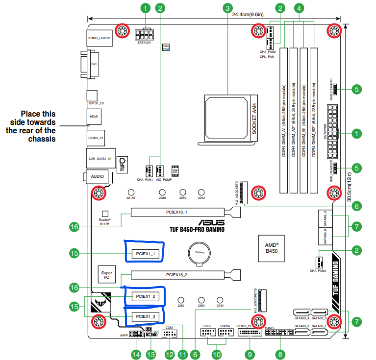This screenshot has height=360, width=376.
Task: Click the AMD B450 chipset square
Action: pos(272,247)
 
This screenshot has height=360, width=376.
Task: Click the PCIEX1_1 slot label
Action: pos(145,254)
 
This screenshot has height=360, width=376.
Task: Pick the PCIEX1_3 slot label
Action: pos(145,317)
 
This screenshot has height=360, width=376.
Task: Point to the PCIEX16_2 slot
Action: pos(181,275)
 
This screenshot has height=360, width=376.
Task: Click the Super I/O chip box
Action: pos(106,276)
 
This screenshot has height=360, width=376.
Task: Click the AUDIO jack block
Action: pos(97,175)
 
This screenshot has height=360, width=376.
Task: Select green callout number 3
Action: pos(227,8)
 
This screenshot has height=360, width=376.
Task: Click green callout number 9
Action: pos(250,354)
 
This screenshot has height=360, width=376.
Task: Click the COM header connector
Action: pos(169,335)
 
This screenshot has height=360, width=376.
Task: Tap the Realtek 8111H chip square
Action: pos(104,214)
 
